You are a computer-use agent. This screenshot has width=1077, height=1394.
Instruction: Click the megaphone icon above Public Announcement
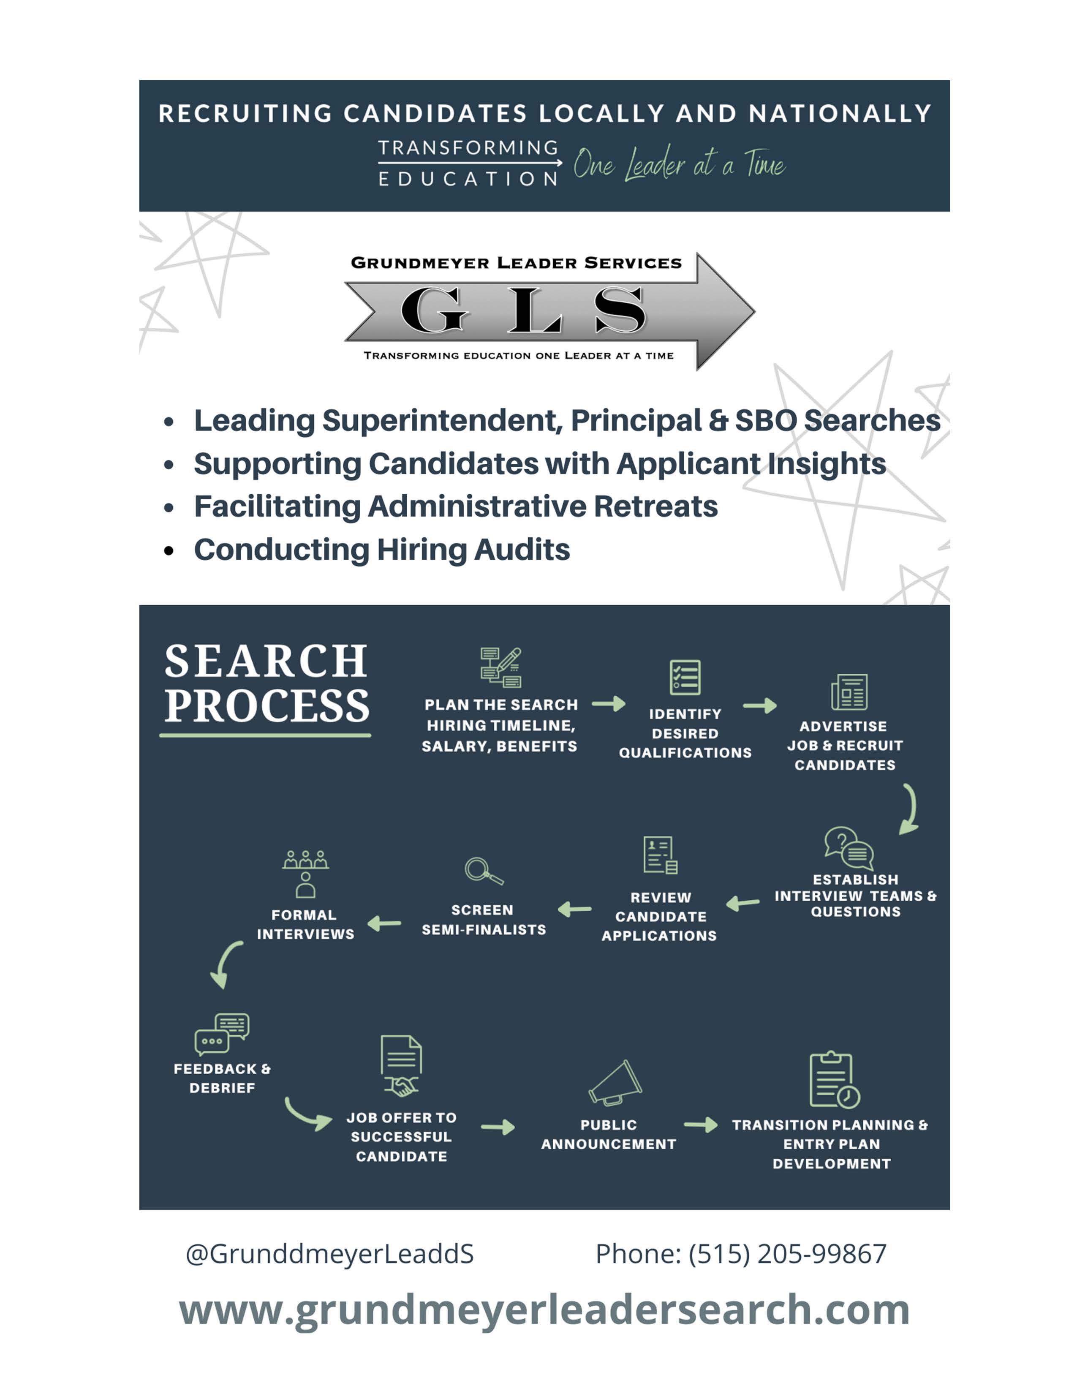tap(615, 1083)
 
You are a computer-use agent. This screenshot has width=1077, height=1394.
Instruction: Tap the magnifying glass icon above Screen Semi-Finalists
tap(484, 871)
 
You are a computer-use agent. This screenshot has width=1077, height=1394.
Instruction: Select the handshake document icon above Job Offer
tap(401, 1065)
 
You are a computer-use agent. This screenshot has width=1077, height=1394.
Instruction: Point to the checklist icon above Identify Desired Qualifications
tap(685, 677)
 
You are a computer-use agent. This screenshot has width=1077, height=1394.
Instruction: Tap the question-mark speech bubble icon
tap(849, 848)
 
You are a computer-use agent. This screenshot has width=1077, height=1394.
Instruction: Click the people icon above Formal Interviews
tap(306, 874)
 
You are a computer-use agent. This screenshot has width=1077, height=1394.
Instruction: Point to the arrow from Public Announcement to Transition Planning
tap(701, 1124)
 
